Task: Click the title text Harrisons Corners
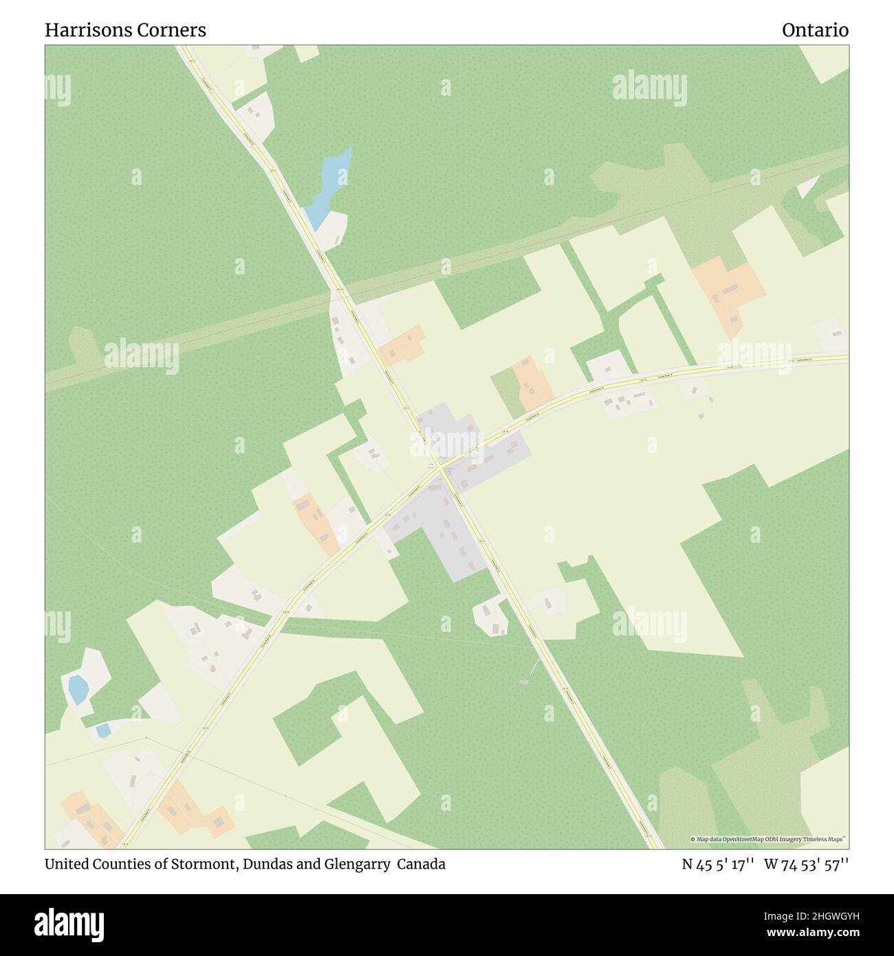(x=125, y=30)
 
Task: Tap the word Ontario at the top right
(x=815, y=30)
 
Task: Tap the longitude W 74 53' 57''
(x=806, y=864)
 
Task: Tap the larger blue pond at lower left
(x=78, y=688)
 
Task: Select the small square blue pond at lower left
(x=103, y=730)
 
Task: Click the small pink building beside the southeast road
(x=524, y=682)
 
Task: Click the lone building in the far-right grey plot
(x=837, y=334)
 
